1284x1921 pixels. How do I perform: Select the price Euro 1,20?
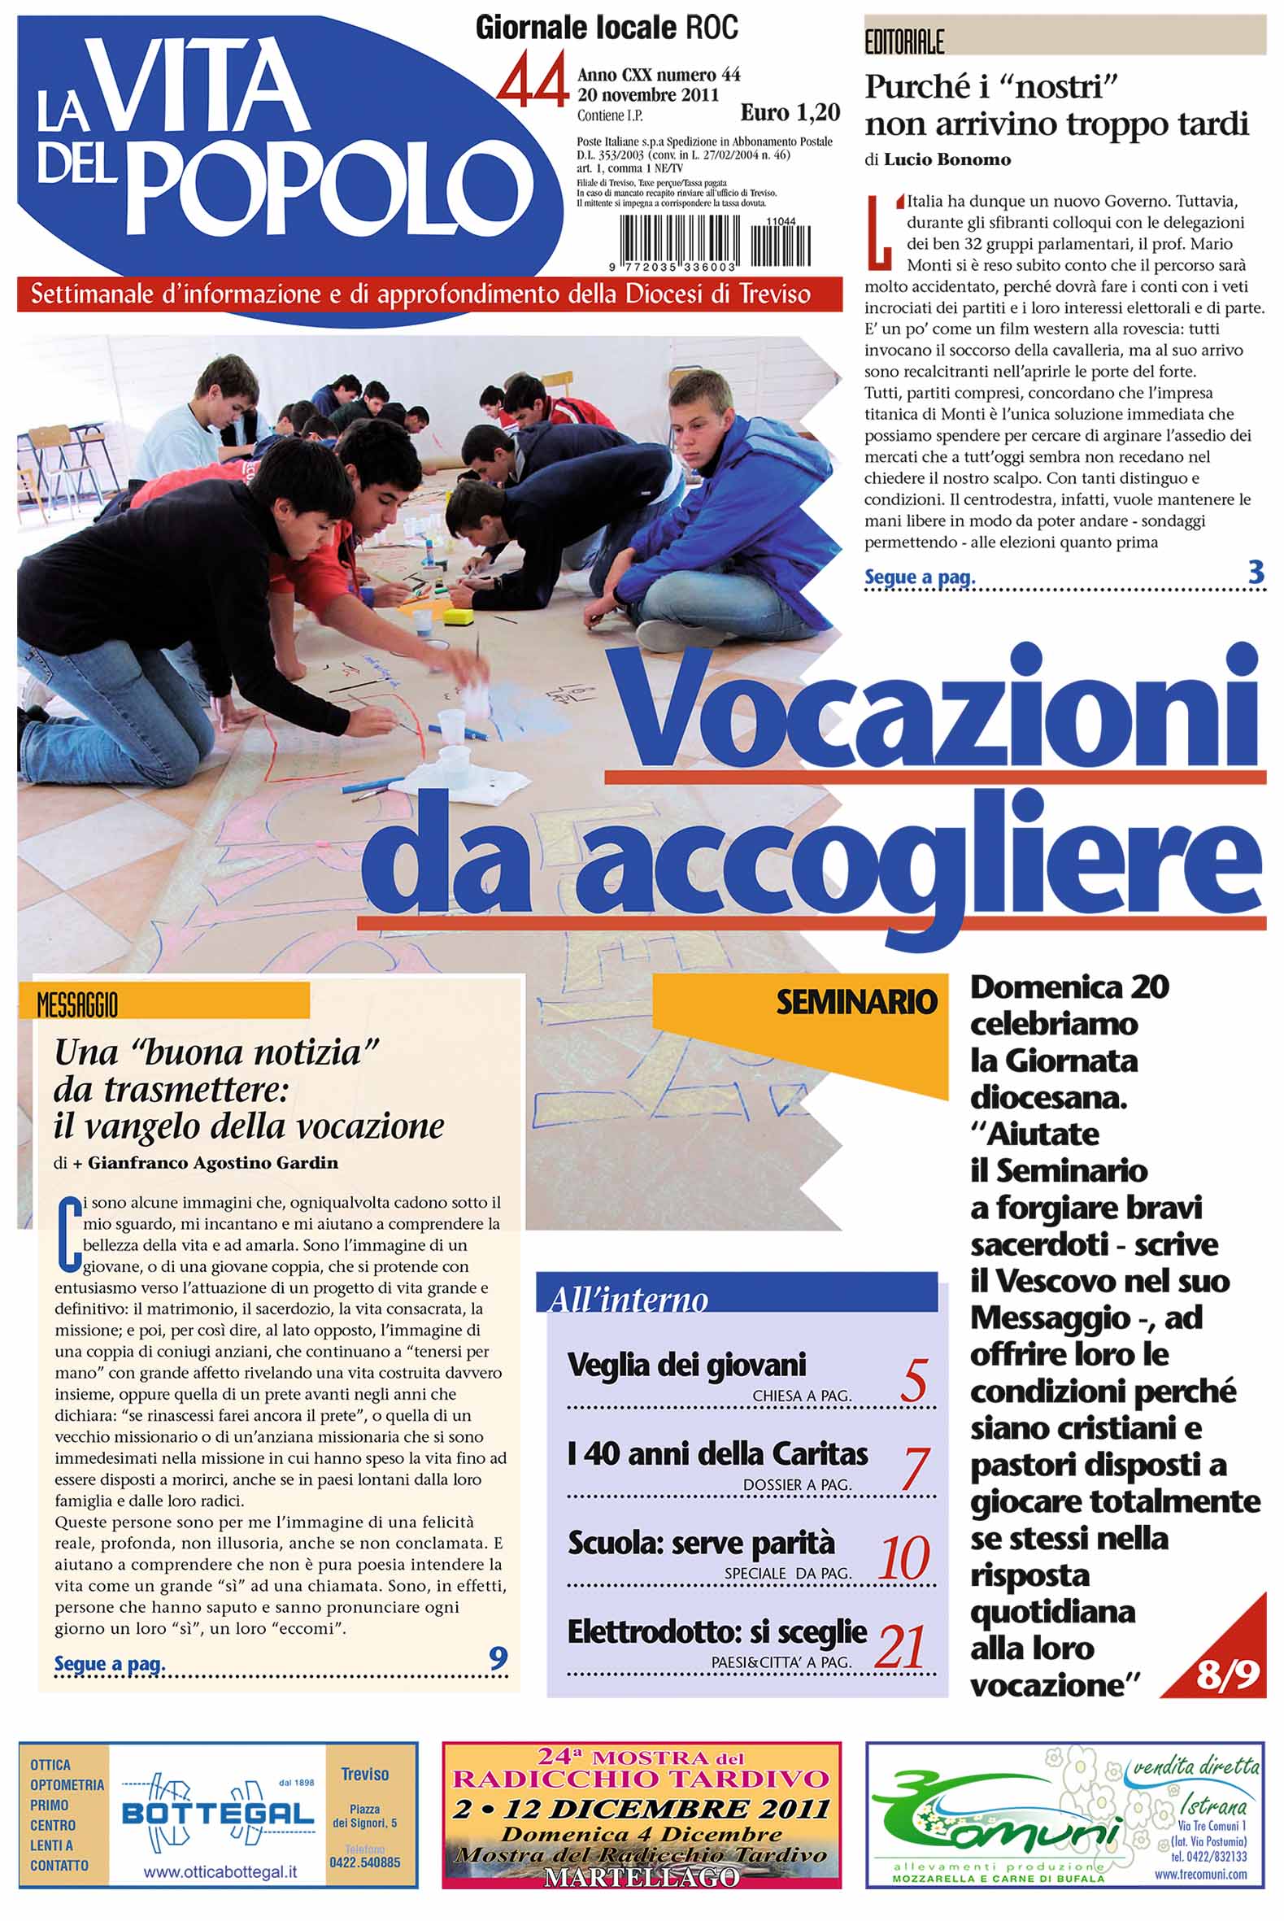790,112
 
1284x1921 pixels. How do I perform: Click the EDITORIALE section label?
904,42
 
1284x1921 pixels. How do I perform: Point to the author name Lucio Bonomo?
947,159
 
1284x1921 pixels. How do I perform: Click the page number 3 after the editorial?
1256,573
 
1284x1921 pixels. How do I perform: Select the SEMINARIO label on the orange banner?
855,1001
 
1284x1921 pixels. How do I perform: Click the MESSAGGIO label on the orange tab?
77,1004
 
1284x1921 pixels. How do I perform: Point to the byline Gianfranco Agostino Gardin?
212,1163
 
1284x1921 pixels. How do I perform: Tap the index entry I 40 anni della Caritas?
717,1453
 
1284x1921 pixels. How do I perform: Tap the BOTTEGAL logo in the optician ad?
218,1814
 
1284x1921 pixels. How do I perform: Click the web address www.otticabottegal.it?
220,1873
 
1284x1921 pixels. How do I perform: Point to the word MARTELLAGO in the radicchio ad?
641,1878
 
